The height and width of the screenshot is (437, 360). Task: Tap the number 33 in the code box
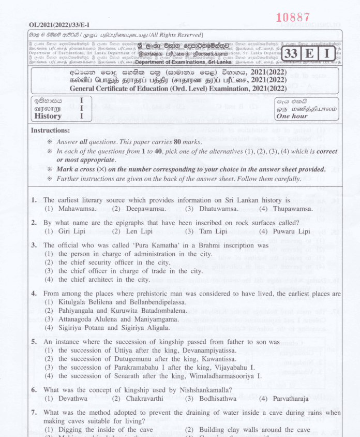(292, 53)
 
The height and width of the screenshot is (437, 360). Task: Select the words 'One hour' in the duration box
(291, 116)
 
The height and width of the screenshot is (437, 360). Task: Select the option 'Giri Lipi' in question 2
(71, 231)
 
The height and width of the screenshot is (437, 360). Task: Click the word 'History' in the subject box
(48, 116)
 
